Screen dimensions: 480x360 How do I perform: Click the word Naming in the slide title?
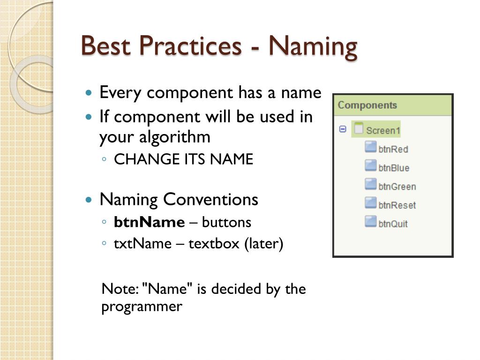pyautogui.click(x=313, y=47)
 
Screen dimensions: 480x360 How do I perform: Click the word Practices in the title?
pyautogui.click(x=190, y=45)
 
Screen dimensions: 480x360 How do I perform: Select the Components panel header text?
pyautogui.click(x=367, y=105)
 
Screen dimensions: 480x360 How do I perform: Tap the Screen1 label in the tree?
pyautogui.click(x=383, y=130)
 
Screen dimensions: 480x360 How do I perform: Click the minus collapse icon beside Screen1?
pyautogui.click(x=343, y=129)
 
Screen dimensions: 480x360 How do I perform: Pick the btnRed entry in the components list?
pyautogui.click(x=393, y=149)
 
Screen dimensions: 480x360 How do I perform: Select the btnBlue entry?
pyautogui.click(x=394, y=168)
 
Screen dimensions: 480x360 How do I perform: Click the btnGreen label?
pyautogui.click(x=397, y=187)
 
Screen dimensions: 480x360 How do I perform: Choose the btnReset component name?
pyautogui.click(x=397, y=205)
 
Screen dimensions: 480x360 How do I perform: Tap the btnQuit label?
pyautogui.click(x=393, y=224)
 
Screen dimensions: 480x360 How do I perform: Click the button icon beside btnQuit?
pyautogui.click(x=370, y=221)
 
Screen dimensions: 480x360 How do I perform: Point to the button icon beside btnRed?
pyautogui.click(x=370, y=147)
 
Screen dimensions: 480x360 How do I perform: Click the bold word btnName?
pyautogui.click(x=149, y=222)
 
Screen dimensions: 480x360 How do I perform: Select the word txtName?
pyautogui.click(x=142, y=244)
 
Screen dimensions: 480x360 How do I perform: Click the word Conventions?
pyautogui.click(x=210, y=200)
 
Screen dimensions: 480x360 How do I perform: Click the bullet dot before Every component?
pyautogui.click(x=89, y=93)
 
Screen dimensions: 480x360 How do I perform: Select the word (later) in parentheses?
pyautogui.click(x=264, y=244)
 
